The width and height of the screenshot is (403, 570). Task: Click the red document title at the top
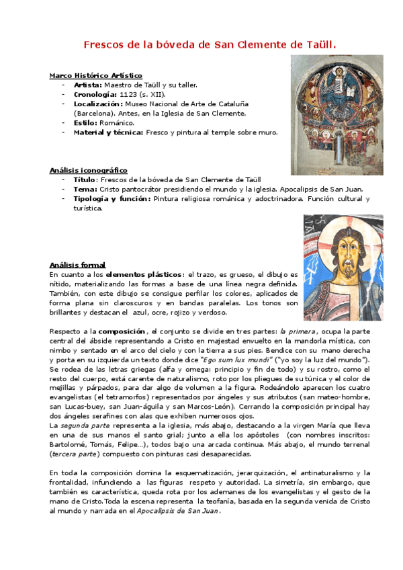pos(209,44)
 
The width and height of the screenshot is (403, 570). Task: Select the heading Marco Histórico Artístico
pos(95,76)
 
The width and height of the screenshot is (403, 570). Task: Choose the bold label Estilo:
pos(86,123)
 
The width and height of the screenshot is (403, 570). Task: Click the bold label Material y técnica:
pos(108,132)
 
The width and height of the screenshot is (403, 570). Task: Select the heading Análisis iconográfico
pos(88,171)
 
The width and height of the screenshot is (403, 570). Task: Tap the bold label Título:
pos(85,180)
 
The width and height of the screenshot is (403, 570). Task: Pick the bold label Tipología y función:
pos(111,199)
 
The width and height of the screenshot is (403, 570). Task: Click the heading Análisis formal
pos(77,265)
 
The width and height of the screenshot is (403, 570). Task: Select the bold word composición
pos(122,331)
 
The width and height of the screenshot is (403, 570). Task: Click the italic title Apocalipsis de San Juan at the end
pos(183,511)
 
